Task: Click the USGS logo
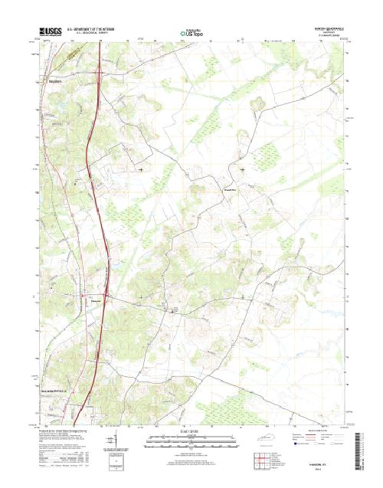point(47,34)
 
